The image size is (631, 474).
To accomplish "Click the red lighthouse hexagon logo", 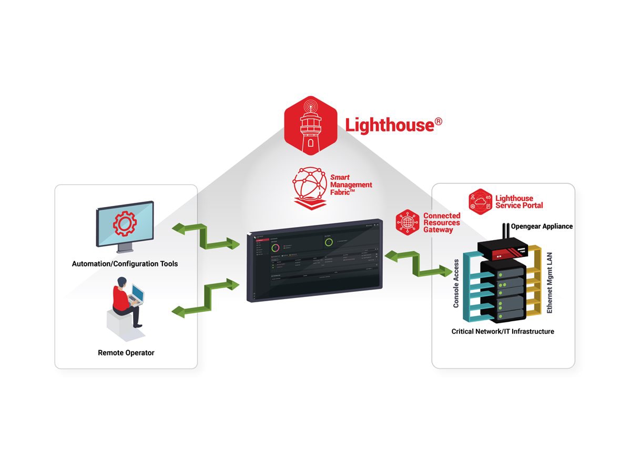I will tap(310, 125).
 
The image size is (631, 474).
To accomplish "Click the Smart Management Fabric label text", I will tap(351, 185).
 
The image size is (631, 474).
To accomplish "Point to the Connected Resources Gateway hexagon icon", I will tap(407, 222).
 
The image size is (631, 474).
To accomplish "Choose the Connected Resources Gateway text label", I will tap(442, 223).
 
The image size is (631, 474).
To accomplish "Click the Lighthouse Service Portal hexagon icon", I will tap(480, 202).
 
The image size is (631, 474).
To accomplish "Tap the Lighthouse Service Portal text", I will tap(519, 202).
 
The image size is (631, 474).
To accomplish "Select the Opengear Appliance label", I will tap(542, 226).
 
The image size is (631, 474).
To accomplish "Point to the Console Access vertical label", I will tap(456, 283).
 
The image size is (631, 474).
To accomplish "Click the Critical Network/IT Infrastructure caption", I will tap(503, 332).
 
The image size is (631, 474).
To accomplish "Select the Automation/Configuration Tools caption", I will tap(125, 264).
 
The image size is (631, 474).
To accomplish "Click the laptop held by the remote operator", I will tap(137, 294).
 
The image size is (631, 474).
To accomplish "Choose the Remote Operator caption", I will tap(126, 353).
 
